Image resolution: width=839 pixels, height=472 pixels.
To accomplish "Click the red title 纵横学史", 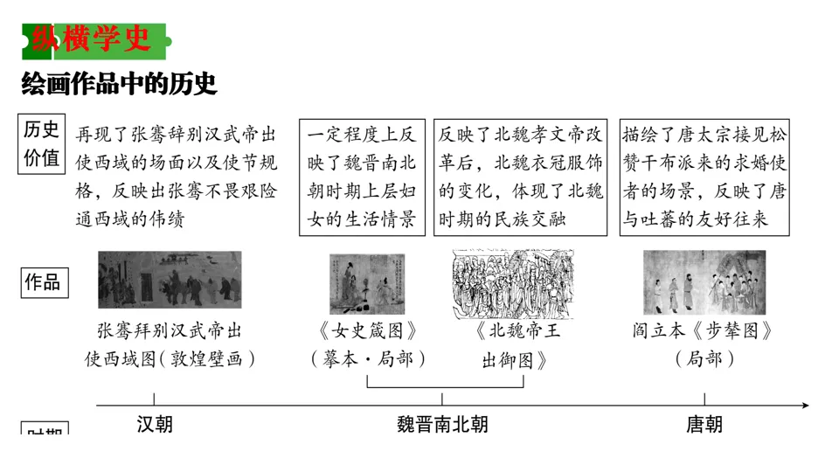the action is coord(90,38).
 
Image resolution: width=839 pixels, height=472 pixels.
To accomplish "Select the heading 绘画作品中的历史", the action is coord(119,85).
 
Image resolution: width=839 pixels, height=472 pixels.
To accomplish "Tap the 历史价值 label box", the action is coord(42,144).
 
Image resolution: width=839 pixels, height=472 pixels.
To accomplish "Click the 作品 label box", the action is coord(42,281).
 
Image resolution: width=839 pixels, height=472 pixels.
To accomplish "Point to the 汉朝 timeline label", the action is coord(155,425).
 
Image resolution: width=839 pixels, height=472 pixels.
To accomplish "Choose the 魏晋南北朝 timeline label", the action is coord(442,425).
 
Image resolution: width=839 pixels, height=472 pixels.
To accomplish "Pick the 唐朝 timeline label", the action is coord(704,425).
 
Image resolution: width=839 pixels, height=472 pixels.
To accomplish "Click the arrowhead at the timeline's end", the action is coord(804,405).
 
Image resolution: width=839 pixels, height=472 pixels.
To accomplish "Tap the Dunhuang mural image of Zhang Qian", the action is coord(170,280).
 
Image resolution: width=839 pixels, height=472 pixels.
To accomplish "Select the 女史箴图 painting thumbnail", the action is coord(367,283).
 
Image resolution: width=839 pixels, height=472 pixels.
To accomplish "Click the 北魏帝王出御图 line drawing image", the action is coord(513,284).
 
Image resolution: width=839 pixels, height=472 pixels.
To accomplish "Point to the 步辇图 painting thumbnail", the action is coord(704,282).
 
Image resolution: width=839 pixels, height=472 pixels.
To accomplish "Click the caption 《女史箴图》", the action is coord(366,332).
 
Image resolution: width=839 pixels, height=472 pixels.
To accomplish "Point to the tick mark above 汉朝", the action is coord(155,398).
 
